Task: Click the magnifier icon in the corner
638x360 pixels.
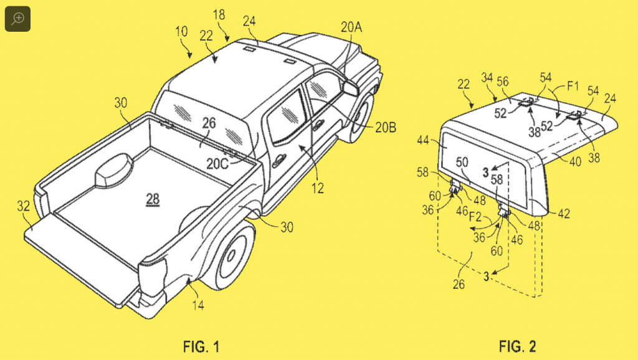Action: pyautogui.click(x=17, y=19)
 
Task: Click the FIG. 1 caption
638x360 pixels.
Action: pyautogui.click(x=201, y=346)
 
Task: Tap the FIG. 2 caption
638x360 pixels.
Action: pyautogui.click(x=517, y=346)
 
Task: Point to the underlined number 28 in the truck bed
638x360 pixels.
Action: pyautogui.click(x=153, y=199)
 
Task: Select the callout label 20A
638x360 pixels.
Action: pyautogui.click(x=351, y=27)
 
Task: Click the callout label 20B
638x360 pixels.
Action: pyautogui.click(x=385, y=128)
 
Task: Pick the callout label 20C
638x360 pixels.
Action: pyautogui.click(x=217, y=164)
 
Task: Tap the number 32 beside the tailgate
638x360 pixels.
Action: pyautogui.click(x=23, y=206)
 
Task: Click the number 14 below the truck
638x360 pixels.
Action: pyautogui.click(x=198, y=305)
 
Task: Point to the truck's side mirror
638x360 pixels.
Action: pyautogui.click(x=350, y=87)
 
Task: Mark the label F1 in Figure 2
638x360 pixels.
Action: pyautogui.click(x=573, y=86)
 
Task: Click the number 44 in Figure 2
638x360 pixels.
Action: pyautogui.click(x=423, y=140)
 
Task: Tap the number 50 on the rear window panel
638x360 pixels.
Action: pyautogui.click(x=462, y=163)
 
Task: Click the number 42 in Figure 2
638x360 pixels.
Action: pyautogui.click(x=563, y=214)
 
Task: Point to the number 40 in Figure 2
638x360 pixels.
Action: pyautogui.click(x=575, y=162)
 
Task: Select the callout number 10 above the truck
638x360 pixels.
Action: pyautogui.click(x=181, y=32)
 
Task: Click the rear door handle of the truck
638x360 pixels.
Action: pyautogui.click(x=279, y=161)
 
